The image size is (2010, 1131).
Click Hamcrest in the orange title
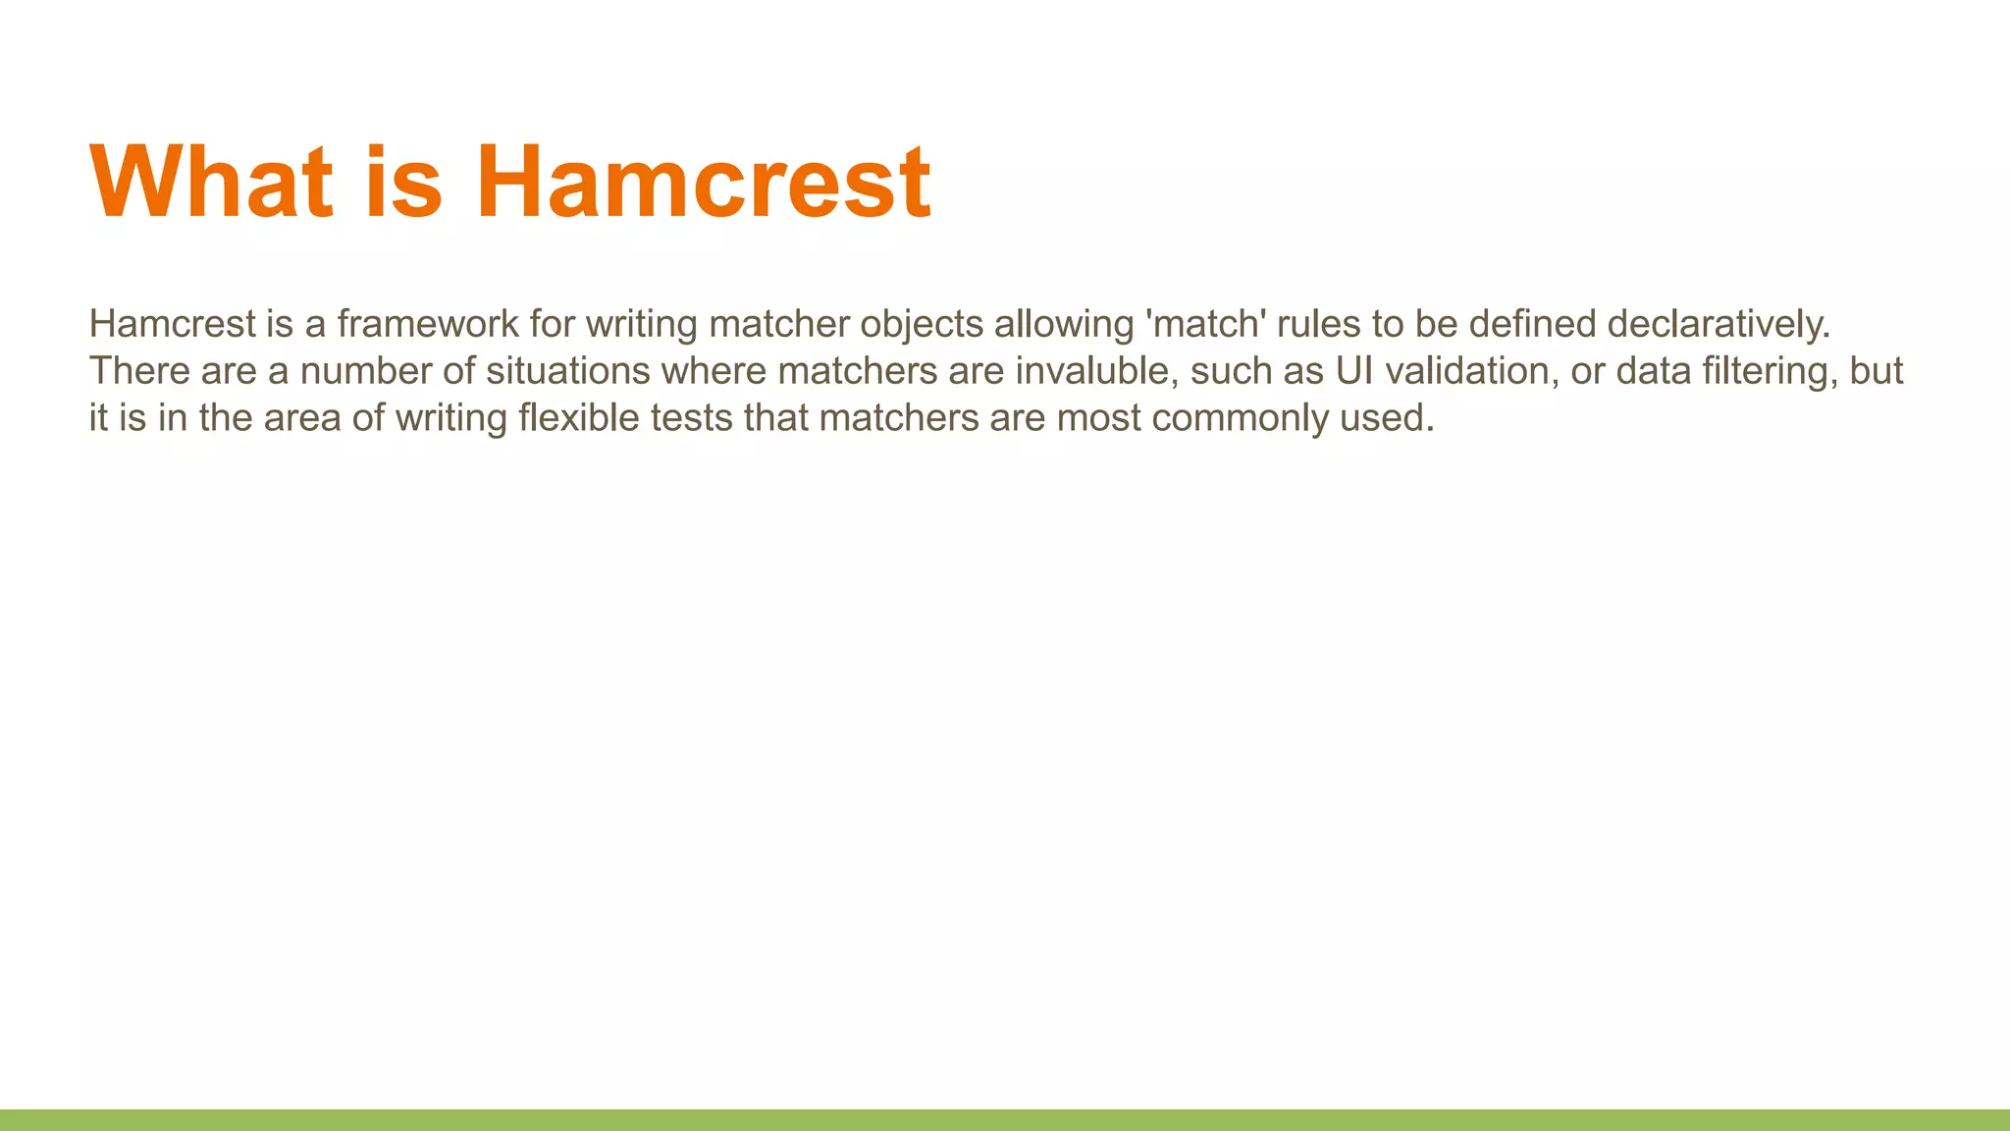click(x=703, y=183)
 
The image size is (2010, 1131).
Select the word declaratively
click(x=1719, y=324)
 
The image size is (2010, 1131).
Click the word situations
click(x=568, y=371)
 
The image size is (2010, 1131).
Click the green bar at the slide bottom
click(x=1005, y=1120)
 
